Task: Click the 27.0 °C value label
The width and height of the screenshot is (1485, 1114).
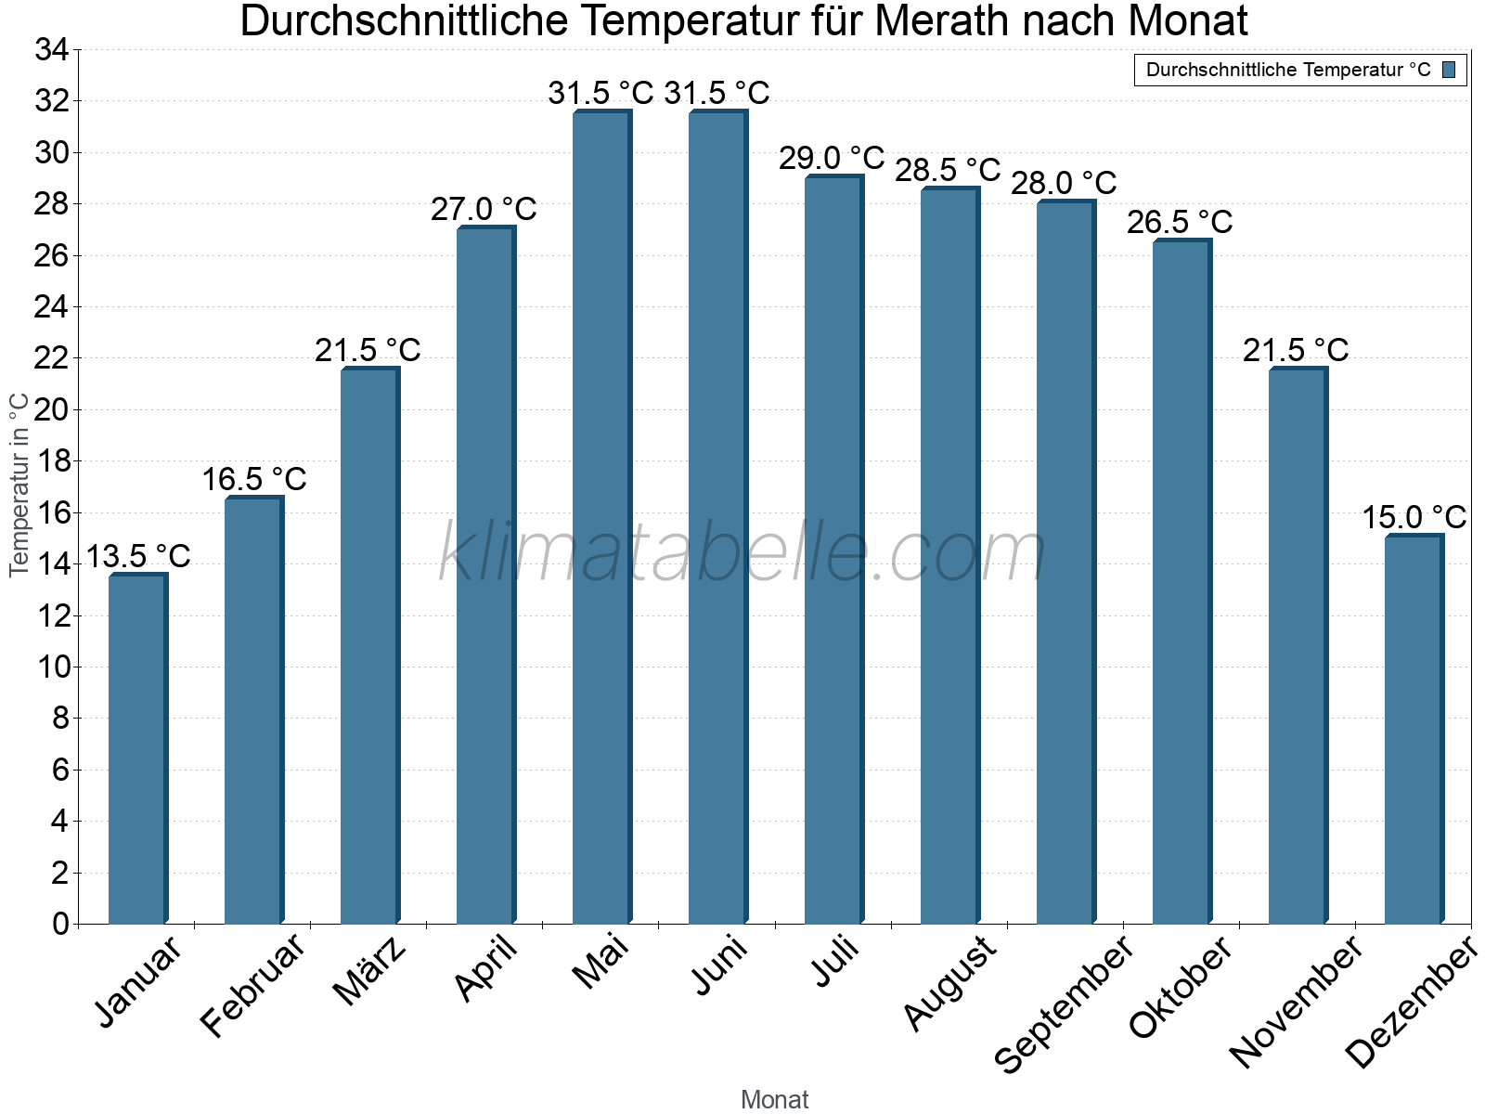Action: coord(484,209)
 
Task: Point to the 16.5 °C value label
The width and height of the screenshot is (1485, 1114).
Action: coord(253,479)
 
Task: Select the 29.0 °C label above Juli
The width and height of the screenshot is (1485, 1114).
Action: coord(832,158)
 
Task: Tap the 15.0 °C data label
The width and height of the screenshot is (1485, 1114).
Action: coord(1414,517)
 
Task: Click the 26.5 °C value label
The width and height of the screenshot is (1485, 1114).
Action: coord(1180,222)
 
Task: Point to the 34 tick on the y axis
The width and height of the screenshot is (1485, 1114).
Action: coord(52,50)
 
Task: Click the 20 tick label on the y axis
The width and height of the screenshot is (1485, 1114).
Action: coord(52,409)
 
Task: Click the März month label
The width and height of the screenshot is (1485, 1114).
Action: coord(369,971)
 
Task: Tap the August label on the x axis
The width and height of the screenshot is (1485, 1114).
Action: coord(949,983)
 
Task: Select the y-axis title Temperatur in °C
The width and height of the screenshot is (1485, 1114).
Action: coord(19,485)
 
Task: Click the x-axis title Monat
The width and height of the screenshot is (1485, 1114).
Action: coord(775,1099)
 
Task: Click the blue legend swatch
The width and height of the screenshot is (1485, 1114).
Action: coord(1449,70)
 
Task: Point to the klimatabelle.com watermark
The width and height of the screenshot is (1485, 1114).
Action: coord(742,552)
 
